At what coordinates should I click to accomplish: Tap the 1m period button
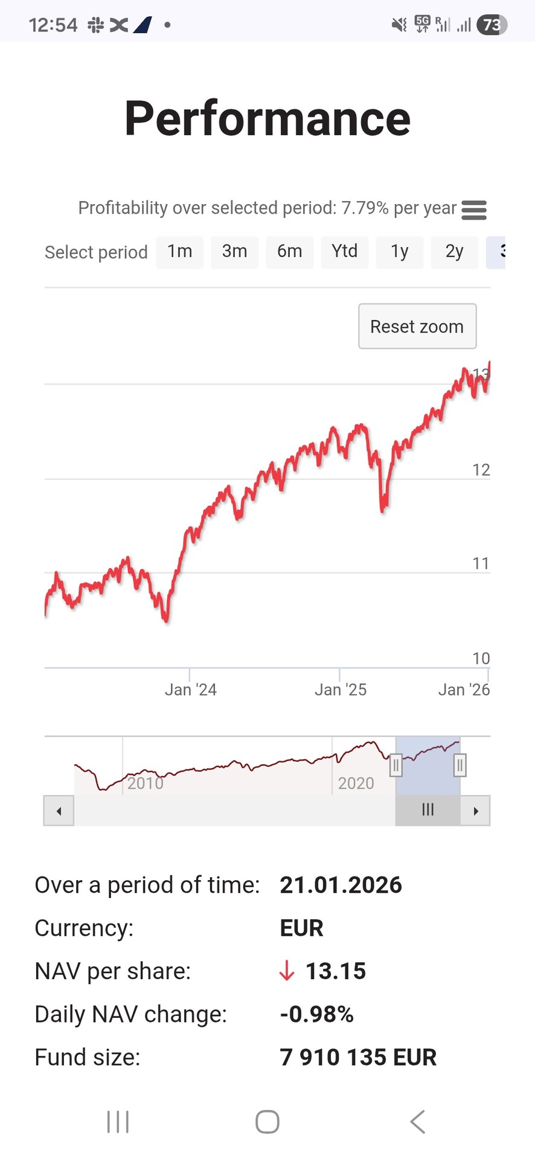click(x=180, y=252)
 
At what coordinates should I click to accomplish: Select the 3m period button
click(x=235, y=252)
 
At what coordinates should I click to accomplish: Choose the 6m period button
click(x=290, y=252)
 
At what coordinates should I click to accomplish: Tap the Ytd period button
click(x=345, y=252)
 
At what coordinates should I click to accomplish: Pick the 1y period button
click(x=400, y=252)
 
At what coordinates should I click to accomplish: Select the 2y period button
click(x=455, y=252)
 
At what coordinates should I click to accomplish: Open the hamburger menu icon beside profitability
click(x=474, y=210)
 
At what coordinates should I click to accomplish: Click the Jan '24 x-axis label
click(x=191, y=689)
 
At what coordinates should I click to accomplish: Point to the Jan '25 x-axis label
click(x=341, y=689)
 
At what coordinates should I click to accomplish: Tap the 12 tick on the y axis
click(x=481, y=470)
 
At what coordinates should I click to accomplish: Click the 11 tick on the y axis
click(x=481, y=563)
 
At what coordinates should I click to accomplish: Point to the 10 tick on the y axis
click(x=481, y=658)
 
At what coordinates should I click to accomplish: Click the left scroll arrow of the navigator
click(x=59, y=811)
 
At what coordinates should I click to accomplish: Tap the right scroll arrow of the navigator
click(x=476, y=811)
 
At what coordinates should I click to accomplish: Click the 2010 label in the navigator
click(x=146, y=783)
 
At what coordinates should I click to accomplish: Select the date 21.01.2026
click(x=341, y=885)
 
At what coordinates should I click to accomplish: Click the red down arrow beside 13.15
click(x=287, y=971)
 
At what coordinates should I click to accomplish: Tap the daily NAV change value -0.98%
click(x=316, y=1014)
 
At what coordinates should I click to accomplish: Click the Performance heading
click(x=267, y=118)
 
